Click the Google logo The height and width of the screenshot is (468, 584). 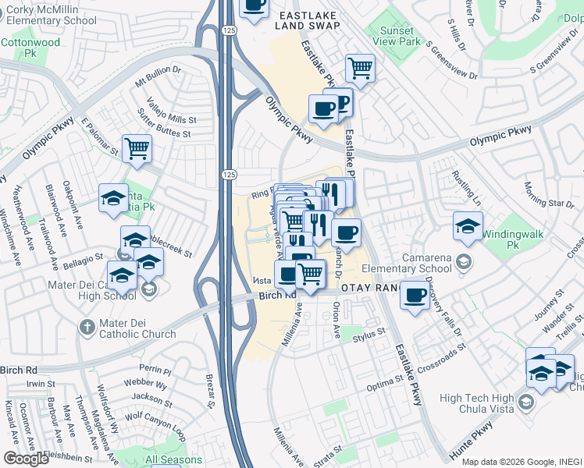pos(26,459)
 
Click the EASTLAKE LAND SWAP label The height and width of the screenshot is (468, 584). pos(308,19)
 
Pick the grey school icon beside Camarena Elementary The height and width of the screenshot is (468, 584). pos(465,261)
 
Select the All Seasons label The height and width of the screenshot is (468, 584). pos(173,460)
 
